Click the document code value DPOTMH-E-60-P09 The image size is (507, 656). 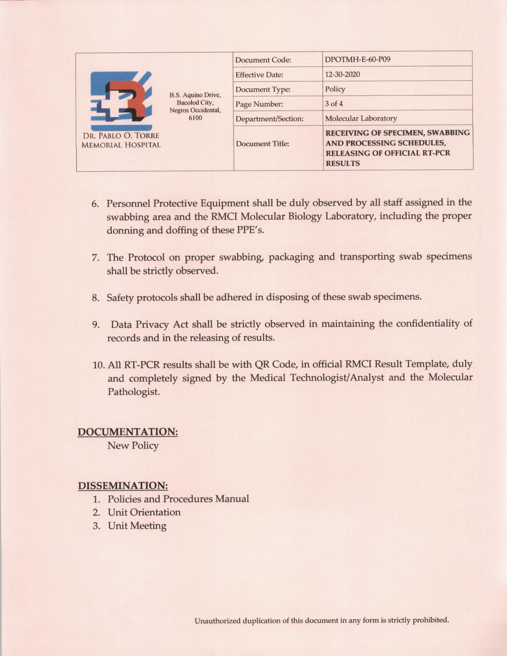coord(357,60)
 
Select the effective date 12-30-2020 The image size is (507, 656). coord(342,74)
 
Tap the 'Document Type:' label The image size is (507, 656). coord(263,89)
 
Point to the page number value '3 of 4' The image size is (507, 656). coord(334,104)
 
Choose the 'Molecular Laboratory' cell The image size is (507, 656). coord(361,118)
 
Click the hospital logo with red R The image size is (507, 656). coord(121,101)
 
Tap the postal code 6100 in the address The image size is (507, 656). coord(195,118)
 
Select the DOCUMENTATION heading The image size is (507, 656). coord(128,432)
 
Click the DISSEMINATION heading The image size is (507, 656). coord(123,486)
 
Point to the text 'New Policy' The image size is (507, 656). coord(133,446)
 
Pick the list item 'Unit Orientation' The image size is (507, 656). coord(144,512)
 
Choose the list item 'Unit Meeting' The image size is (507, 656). coord(137,526)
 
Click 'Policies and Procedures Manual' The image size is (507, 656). coord(178,499)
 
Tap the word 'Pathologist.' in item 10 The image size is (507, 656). coord(134,392)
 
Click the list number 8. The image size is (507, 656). coord(95,298)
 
